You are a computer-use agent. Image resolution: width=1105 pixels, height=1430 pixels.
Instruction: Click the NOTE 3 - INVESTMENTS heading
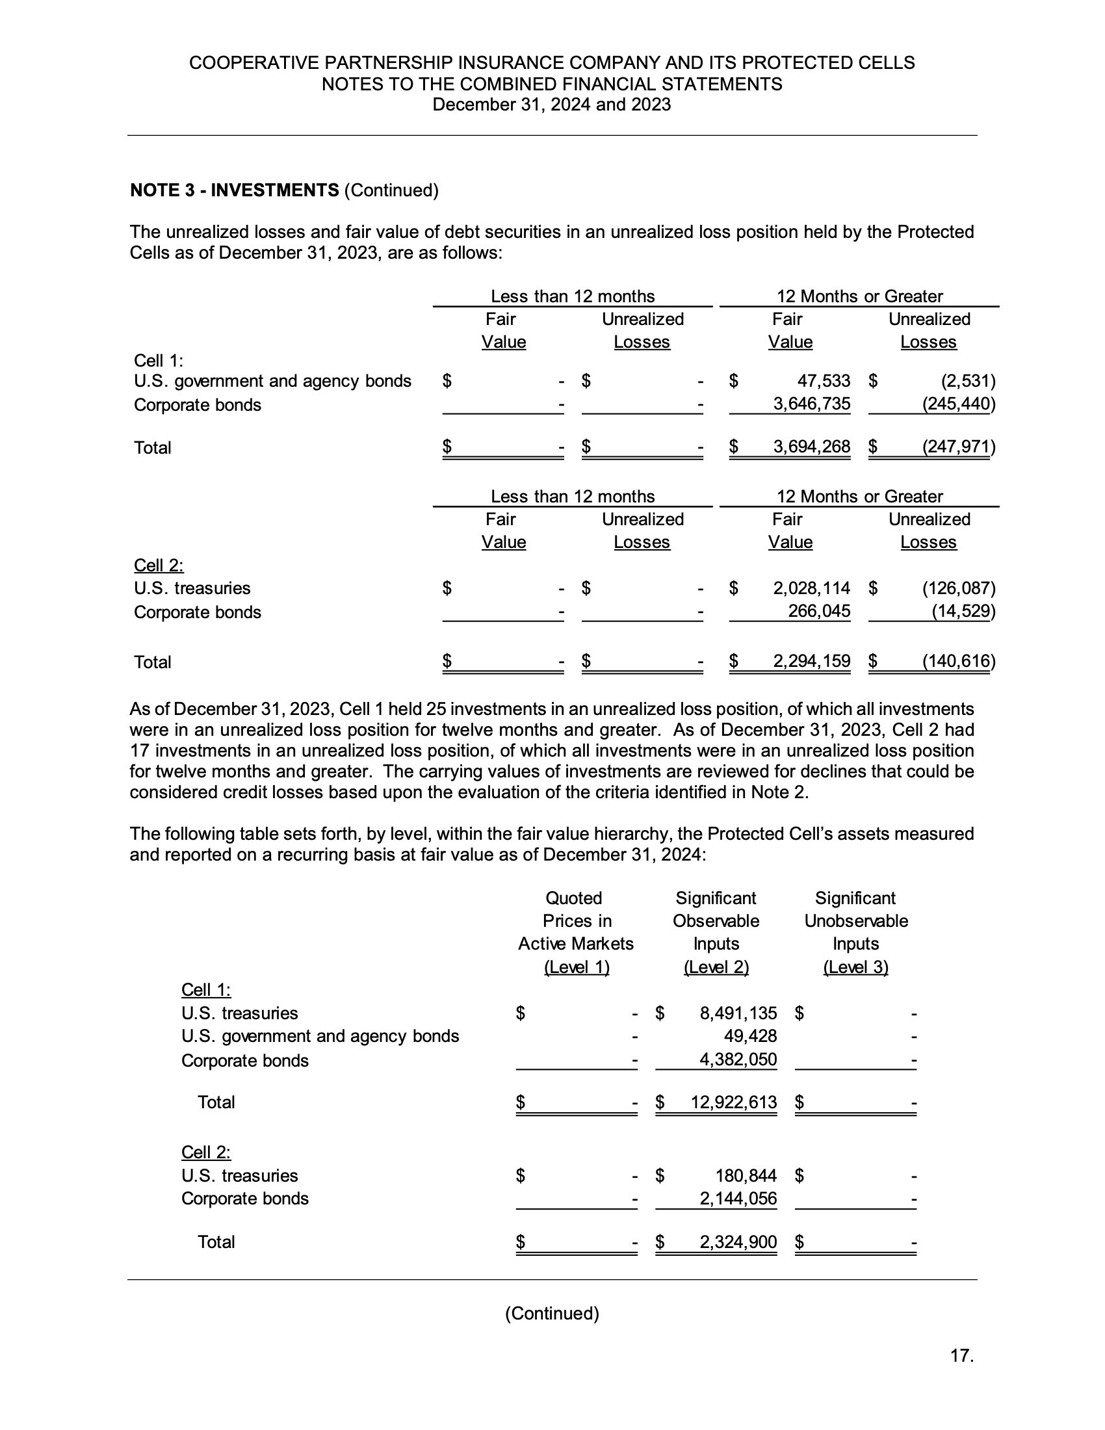tap(235, 190)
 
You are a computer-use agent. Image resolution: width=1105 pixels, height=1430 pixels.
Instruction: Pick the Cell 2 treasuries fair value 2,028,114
tap(812, 588)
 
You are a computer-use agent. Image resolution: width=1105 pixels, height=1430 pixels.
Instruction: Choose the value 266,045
tap(819, 611)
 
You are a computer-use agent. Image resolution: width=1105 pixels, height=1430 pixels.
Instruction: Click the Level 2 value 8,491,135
tap(738, 1013)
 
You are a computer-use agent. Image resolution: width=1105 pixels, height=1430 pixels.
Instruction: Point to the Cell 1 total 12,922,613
tap(734, 1102)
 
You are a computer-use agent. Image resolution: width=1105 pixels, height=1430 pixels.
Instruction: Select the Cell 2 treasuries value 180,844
tap(746, 1175)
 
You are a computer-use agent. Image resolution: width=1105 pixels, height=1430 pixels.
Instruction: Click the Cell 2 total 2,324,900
tap(738, 1242)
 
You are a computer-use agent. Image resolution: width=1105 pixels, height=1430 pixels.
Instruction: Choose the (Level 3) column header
tap(855, 967)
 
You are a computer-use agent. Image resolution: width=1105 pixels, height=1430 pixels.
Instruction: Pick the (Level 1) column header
tap(577, 967)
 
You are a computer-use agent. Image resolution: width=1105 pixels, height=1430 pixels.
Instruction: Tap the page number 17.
tap(961, 1355)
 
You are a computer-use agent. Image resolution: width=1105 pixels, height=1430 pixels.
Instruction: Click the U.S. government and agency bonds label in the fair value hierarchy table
tap(320, 1036)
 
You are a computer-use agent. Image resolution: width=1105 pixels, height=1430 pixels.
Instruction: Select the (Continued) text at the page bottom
tap(552, 1313)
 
